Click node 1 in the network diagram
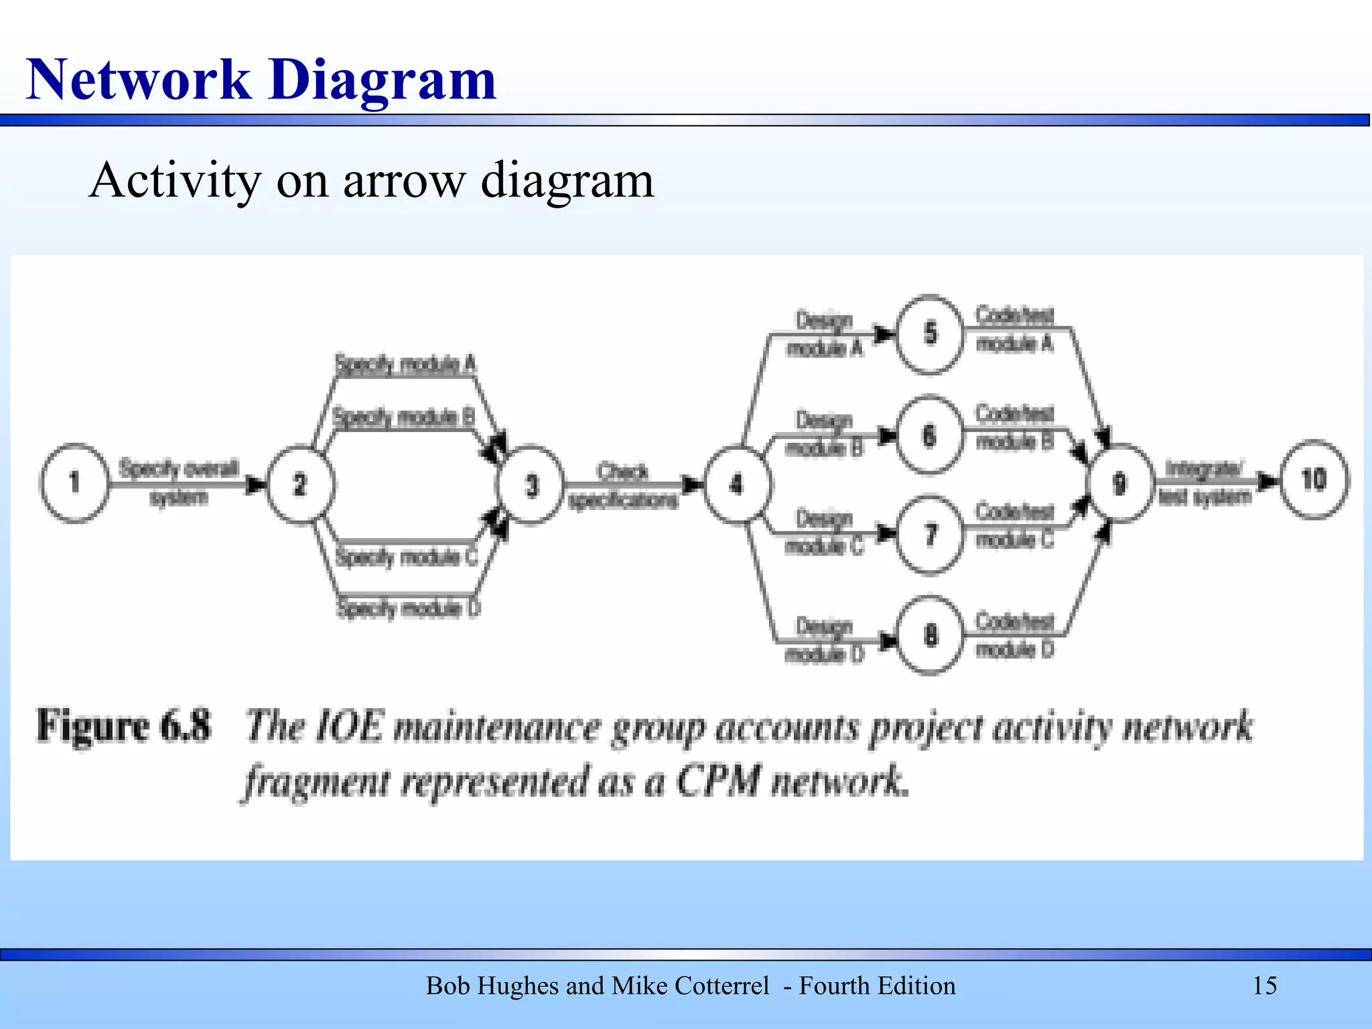tap(74, 482)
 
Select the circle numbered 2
tap(300, 484)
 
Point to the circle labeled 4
tap(737, 484)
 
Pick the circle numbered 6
tap(929, 435)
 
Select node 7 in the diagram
tap(930, 535)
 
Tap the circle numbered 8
tap(930, 634)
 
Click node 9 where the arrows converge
tap(1120, 483)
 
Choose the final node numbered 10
tap(1314, 480)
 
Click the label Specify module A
tap(405, 365)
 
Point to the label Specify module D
tap(408, 608)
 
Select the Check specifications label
tap(623, 486)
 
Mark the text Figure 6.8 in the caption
tap(124, 726)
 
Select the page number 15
tap(1264, 986)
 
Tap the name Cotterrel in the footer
tap(722, 986)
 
